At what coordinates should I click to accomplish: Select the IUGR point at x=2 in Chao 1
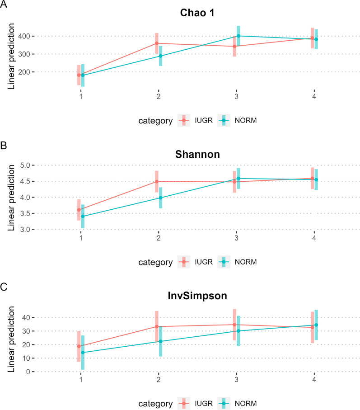[157, 43]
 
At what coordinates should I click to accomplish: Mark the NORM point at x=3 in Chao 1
[238, 36]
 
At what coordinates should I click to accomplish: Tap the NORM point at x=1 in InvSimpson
[83, 353]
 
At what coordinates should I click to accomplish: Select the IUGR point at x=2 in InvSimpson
[157, 326]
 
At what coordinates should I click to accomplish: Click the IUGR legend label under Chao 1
[204, 120]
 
